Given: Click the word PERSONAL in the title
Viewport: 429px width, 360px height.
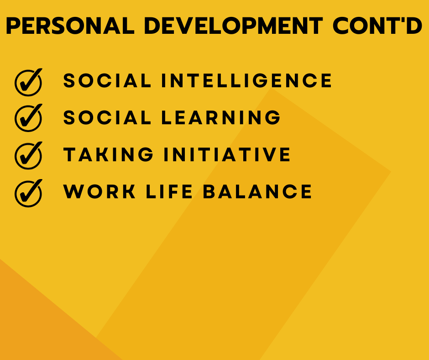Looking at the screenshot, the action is (x=70, y=26).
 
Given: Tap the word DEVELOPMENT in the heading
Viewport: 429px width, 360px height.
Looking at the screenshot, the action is (x=233, y=26).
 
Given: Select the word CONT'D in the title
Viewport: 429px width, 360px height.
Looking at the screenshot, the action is (x=377, y=26).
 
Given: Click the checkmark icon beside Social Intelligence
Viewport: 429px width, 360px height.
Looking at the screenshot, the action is (x=28, y=82).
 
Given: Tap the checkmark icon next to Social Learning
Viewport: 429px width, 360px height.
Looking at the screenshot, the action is (x=28, y=118).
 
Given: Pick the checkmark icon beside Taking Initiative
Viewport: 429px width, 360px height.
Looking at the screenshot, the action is (x=28, y=156).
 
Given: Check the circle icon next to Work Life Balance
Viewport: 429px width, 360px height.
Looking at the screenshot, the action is (x=28, y=193).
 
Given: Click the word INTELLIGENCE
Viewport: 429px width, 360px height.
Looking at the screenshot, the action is (x=246, y=80).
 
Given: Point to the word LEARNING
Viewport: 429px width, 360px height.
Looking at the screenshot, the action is (x=221, y=117).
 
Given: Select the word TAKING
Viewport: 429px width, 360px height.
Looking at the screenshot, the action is (x=108, y=154).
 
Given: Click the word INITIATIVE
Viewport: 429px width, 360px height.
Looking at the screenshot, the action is (x=227, y=154).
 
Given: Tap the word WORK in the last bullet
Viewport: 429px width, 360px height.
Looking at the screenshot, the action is (x=99, y=191).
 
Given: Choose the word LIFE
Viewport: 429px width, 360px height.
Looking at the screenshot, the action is (x=169, y=191).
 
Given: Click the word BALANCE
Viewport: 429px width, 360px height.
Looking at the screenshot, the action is (x=257, y=191).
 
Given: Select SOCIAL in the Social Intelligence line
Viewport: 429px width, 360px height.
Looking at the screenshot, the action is (x=107, y=80).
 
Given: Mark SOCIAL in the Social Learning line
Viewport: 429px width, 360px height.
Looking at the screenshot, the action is (x=107, y=117).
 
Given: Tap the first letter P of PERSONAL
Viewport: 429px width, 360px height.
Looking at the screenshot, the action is (x=12, y=26).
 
